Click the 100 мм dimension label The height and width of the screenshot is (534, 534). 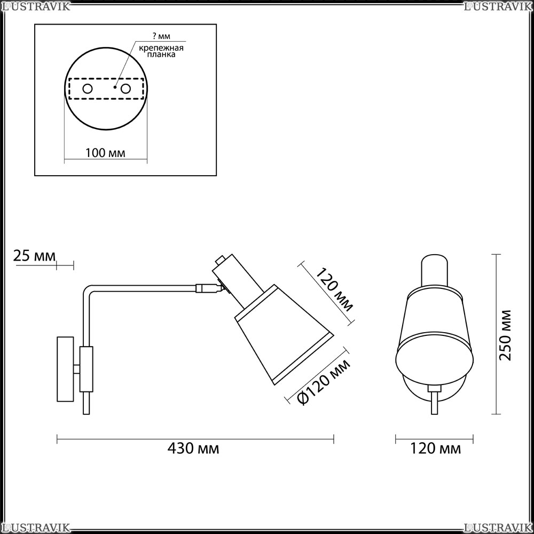click(x=105, y=153)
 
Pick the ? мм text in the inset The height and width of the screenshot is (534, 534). click(x=161, y=36)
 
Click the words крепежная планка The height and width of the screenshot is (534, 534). click(x=161, y=51)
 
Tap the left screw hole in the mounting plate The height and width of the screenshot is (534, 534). click(x=88, y=89)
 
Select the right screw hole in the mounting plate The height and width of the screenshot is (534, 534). click(x=125, y=89)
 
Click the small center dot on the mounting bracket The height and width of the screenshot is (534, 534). click(x=115, y=87)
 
